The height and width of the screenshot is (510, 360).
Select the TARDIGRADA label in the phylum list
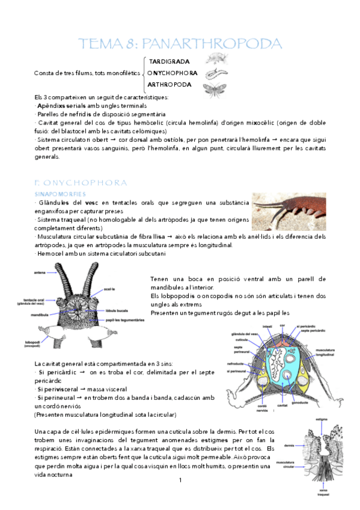pyautogui.click(x=169, y=61)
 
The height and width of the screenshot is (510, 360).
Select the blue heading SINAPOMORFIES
pyautogui.click(x=57, y=194)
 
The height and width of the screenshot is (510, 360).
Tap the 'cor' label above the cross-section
pyautogui.click(x=282, y=324)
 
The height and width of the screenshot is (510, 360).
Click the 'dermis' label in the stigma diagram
pyautogui.click(x=290, y=446)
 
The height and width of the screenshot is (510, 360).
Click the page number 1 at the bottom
pyautogui.click(x=180, y=480)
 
